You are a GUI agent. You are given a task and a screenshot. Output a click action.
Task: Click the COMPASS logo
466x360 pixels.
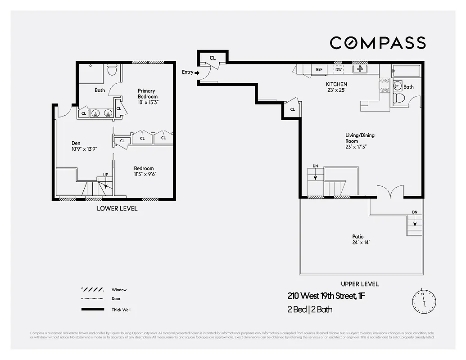377,43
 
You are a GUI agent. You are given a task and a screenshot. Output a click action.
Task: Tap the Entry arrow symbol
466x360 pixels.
197,72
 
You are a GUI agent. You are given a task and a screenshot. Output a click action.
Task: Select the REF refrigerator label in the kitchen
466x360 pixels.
319,70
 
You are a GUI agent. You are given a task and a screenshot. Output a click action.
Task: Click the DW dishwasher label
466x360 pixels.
339,70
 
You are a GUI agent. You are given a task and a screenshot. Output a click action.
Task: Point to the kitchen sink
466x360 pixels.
360,69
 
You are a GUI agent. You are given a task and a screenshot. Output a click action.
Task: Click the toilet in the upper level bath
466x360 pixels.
398,98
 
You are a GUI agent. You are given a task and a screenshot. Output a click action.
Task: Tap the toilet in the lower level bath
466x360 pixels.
113,70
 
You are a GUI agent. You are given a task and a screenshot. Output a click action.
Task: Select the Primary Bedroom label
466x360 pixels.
148,94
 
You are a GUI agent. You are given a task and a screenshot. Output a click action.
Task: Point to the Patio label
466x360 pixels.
358,237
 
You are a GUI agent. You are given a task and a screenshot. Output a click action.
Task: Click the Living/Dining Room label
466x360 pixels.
360,138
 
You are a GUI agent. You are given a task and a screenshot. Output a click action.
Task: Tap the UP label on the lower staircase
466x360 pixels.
106,175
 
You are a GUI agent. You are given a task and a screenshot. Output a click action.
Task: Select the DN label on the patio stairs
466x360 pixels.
414,212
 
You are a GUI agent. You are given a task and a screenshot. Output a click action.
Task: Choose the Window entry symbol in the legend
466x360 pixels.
91,290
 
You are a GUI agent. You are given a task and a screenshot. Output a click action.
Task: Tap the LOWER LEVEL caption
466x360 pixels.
117,208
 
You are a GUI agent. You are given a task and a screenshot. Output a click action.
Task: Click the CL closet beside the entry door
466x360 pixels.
213,58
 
